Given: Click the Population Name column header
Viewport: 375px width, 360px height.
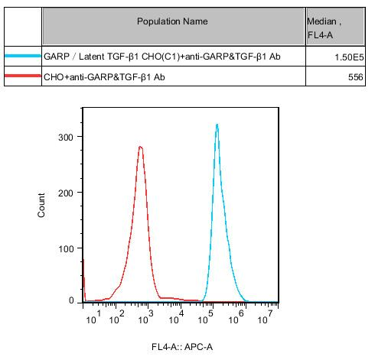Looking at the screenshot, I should click(172, 21).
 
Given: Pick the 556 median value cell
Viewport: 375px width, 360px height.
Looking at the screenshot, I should click(354, 78).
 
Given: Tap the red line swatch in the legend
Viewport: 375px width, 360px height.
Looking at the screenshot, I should click(23, 77).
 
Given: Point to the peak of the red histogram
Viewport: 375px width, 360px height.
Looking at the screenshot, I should click(140, 147).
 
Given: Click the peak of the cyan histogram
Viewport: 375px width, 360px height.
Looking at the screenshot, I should click(217, 124).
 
